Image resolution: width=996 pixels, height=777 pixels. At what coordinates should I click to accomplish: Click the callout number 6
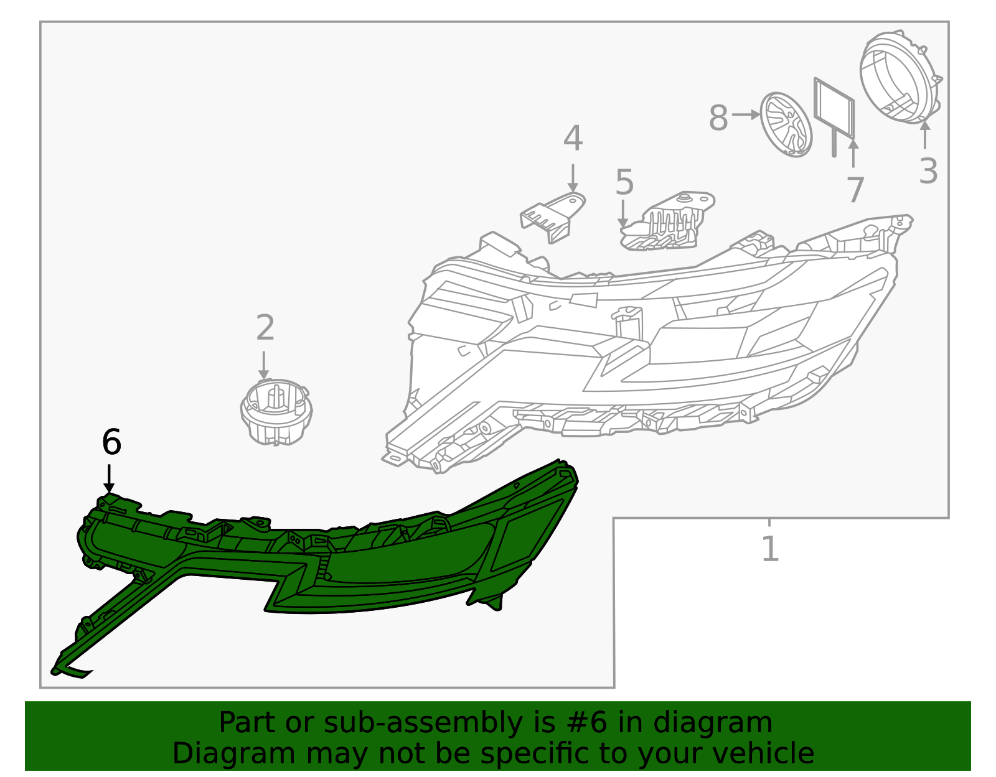[111, 443]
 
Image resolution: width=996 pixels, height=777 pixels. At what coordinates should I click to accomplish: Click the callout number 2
[265, 328]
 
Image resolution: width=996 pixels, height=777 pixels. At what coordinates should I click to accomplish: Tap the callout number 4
[573, 139]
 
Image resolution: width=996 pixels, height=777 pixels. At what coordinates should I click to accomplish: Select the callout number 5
[624, 183]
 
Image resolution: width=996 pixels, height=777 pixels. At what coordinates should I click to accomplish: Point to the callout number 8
[718, 118]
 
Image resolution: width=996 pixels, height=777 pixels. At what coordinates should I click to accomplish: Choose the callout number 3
[928, 172]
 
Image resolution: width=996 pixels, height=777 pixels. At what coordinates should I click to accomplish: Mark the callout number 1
[770, 549]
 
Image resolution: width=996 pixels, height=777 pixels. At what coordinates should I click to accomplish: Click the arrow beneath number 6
[110, 479]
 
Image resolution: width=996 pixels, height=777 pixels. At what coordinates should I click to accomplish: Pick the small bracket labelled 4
[552, 216]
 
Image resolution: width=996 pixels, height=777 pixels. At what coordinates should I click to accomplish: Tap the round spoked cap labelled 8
[787, 124]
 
